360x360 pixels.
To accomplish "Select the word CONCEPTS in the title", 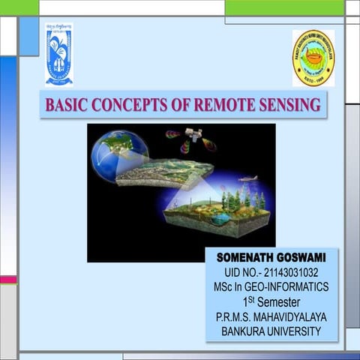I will [x=124, y=105].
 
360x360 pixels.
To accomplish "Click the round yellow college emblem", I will [x=313, y=58].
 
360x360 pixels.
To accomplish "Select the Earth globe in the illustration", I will [x=118, y=155].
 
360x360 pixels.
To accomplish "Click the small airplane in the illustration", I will [x=247, y=178].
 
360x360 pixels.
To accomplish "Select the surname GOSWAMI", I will [x=304, y=257].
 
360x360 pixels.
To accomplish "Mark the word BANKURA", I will [x=244, y=331].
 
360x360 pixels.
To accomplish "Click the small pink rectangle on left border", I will [x=7, y=279].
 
